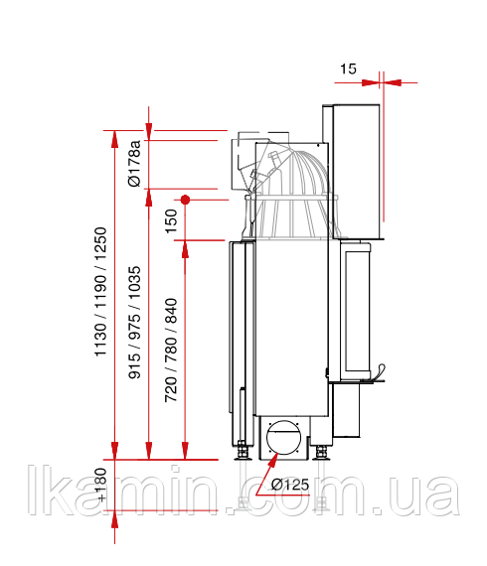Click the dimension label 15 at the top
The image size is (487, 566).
(348, 69)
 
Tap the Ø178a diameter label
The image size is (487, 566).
(135, 163)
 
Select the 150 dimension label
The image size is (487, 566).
(172, 221)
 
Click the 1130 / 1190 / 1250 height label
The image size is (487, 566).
(100, 292)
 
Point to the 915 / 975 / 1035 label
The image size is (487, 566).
(135, 323)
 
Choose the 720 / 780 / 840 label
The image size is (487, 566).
(171, 351)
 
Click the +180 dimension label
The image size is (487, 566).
(101, 485)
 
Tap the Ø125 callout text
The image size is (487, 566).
(290, 484)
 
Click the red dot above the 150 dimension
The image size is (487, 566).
(185, 200)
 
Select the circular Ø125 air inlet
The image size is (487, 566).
(283, 438)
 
